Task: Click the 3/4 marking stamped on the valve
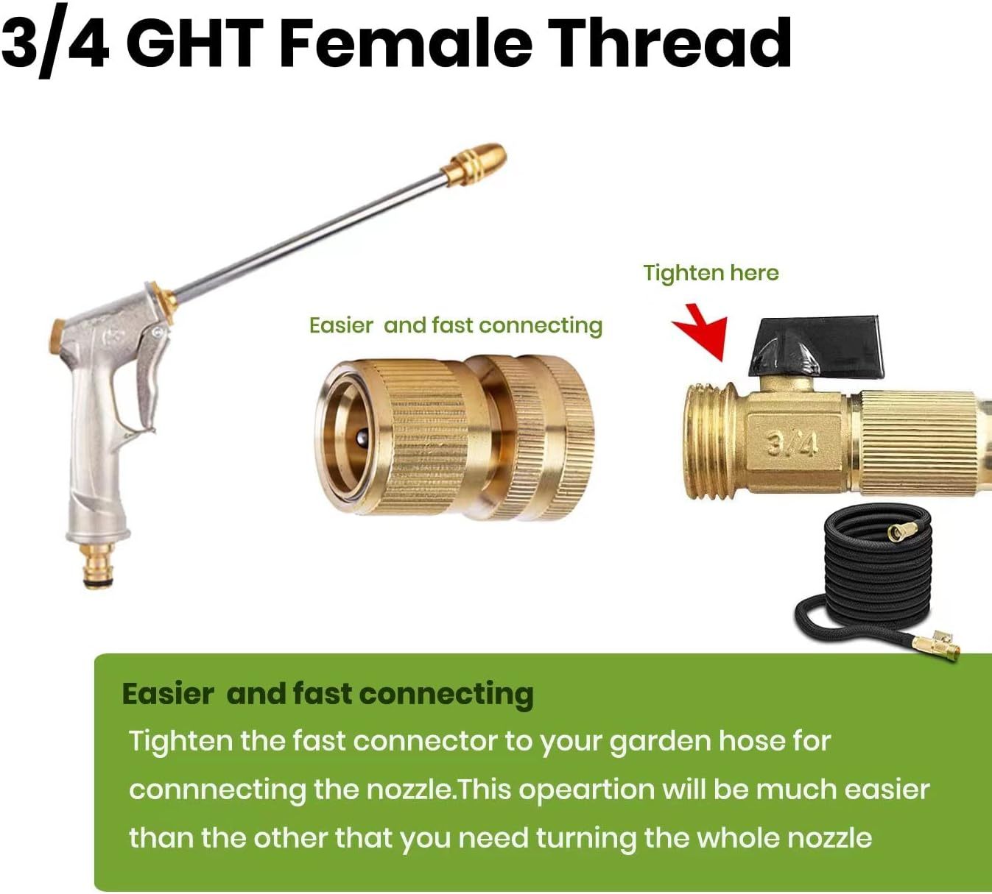pos(792,443)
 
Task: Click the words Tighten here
pos(711,273)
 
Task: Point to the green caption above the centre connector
pos(455,325)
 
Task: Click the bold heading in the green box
pos(328,694)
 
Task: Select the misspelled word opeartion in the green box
pos(586,790)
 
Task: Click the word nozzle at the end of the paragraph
pos(829,838)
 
